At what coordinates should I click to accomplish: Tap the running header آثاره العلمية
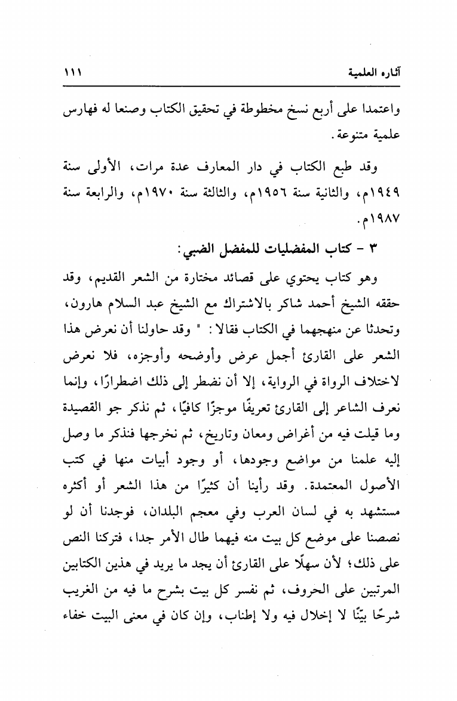click(x=371, y=73)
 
